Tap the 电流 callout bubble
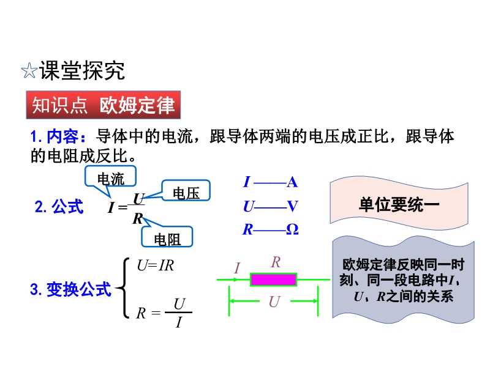coord(110,178)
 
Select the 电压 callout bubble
coord(186,193)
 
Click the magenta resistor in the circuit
coord(273,280)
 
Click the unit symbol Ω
coord(292,229)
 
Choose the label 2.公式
coord(59,207)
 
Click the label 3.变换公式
coord(70,289)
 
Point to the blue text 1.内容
coord(59,137)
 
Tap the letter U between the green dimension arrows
coord(274,302)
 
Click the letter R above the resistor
coord(276,262)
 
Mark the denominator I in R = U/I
coord(178,322)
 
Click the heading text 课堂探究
coord(82,72)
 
